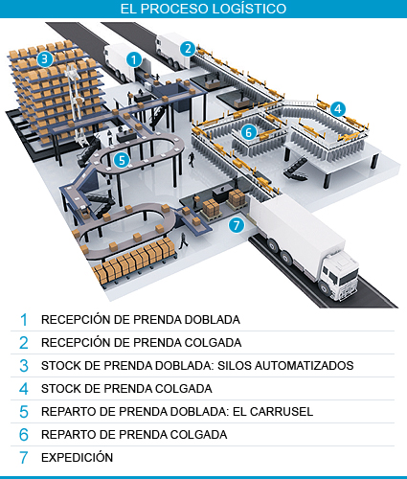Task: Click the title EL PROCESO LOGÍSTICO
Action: pyautogui.click(x=202, y=9)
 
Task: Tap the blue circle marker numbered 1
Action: pyautogui.click(x=135, y=59)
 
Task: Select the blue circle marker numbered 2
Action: pyautogui.click(x=189, y=48)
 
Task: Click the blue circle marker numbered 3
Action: pyautogui.click(x=44, y=58)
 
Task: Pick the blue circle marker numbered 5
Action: pyautogui.click(x=121, y=160)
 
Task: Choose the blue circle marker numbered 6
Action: pyautogui.click(x=248, y=132)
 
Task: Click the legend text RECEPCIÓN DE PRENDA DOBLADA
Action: pyautogui.click(x=140, y=319)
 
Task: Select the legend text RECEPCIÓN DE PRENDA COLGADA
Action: pyautogui.click(x=141, y=342)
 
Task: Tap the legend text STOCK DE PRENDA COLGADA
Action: pyautogui.click(x=126, y=388)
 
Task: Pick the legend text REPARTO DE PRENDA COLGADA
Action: pyautogui.click(x=134, y=434)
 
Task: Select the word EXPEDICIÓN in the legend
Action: pyautogui.click(x=77, y=457)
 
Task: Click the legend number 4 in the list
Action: pyautogui.click(x=24, y=388)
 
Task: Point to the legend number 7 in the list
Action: pyautogui.click(x=24, y=457)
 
